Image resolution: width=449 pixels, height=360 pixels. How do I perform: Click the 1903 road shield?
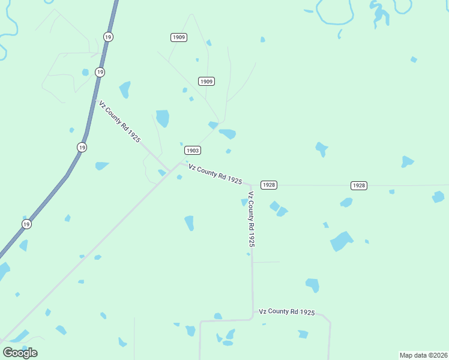[192, 151]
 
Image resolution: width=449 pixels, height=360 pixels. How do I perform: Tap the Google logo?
[20, 352]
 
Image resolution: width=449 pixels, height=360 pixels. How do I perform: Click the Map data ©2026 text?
[423, 355]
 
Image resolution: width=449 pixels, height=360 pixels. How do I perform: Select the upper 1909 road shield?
[178, 37]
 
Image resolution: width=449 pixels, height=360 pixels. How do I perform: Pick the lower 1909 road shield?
[206, 81]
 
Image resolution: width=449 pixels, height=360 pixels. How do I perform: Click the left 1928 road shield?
[269, 185]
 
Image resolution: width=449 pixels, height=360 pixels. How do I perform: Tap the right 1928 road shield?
[358, 185]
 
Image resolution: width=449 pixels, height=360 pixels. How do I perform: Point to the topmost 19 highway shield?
[108, 37]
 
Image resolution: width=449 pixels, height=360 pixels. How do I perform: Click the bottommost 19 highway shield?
[26, 224]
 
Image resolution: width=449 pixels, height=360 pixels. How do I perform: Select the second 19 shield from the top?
[100, 72]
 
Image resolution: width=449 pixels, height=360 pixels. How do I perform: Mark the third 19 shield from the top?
[82, 147]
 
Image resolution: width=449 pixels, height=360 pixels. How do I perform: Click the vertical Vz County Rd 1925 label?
[252, 219]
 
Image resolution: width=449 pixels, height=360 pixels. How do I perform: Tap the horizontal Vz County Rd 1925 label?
[287, 311]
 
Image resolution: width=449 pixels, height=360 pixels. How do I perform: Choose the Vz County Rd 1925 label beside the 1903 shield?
[215, 173]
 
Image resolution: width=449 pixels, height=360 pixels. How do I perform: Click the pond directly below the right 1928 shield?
[346, 203]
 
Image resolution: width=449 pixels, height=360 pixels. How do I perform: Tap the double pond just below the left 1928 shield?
[278, 209]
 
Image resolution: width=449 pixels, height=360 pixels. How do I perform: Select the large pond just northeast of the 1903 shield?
[228, 133]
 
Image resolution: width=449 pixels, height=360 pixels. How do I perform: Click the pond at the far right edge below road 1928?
[439, 196]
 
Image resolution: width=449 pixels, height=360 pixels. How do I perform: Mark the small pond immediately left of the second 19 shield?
[85, 73]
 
